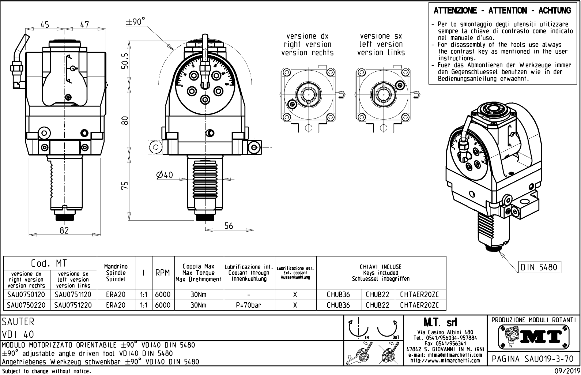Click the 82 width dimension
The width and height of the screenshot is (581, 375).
coord(64,230)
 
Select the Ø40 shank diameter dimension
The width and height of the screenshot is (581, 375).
coord(164,175)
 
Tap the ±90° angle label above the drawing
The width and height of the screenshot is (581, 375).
coord(135,22)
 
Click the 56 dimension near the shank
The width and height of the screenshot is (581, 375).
coord(229,226)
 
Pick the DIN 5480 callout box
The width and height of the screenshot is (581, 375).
coord(539,267)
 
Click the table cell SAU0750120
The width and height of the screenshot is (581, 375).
coord(26,295)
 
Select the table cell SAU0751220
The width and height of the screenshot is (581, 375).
coord(73,305)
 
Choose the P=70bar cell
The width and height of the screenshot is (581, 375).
coord(249,305)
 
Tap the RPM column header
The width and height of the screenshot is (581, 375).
coord(162,273)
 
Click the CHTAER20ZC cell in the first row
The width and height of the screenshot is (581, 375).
coord(419,295)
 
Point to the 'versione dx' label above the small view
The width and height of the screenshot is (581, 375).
coord(307,36)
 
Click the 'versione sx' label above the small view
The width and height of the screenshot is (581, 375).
coord(381,36)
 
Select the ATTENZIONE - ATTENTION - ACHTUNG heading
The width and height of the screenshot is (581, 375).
coord(502,11)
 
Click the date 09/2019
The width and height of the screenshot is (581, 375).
coord(565,371)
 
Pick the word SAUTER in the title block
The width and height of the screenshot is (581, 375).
coord(18,322)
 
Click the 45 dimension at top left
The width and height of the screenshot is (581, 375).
coord(45,25)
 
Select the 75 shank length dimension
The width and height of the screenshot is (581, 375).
coord(125,185)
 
